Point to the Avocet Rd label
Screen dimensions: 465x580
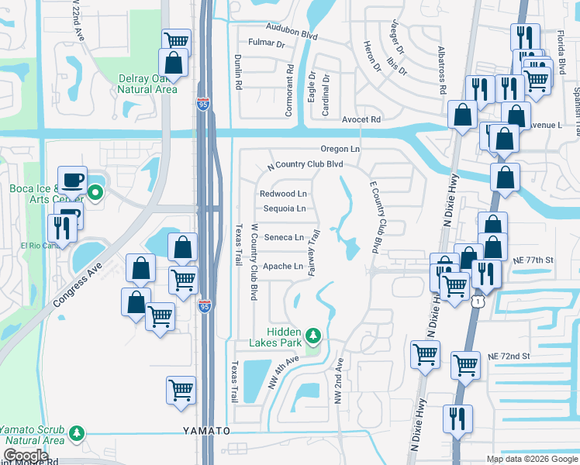click(361, 120)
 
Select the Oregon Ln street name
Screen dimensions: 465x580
click(341, 149)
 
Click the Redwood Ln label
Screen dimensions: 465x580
click(283, 194)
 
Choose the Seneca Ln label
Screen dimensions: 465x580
click(284, 238)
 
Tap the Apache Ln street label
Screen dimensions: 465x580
click(282, 267)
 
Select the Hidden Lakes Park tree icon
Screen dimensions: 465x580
click(313, 336)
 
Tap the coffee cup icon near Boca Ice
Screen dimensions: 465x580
click(74, 180)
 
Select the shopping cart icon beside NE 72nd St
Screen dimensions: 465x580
click(465, 363)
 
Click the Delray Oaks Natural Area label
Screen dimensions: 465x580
click(147, 84)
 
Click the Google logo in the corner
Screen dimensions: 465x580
click(26, 456)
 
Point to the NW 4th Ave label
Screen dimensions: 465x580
click(283, 370)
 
